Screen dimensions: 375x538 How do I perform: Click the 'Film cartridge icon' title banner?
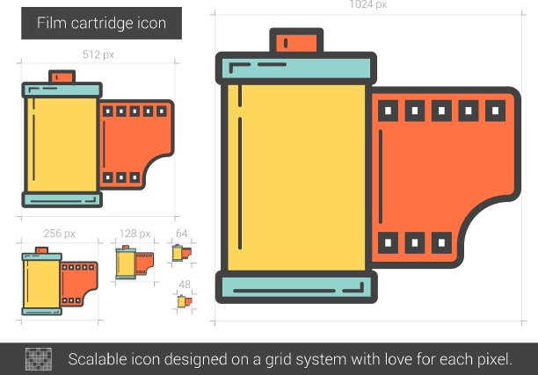(x=100, y=23)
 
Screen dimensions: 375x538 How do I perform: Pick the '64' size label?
(x=182, y=233)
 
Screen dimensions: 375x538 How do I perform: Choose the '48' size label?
(x=184, y=284)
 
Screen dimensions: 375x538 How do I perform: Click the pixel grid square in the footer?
(x=39, y=358)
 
